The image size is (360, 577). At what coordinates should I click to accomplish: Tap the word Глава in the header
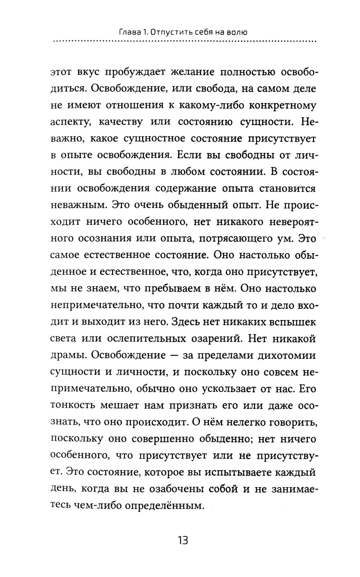coord(129,32)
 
